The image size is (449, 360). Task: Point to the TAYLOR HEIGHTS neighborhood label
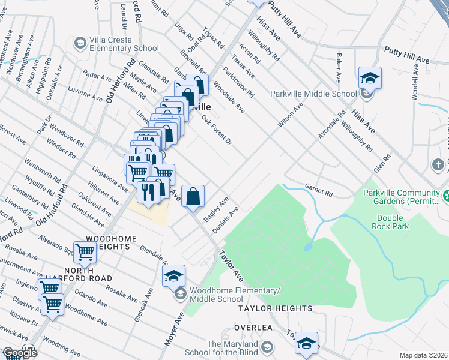(x=275, y=308)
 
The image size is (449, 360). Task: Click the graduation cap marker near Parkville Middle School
(x=370, y=78)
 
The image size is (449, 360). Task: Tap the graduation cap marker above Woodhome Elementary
(x=173, y=276)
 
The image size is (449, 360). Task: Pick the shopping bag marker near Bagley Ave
(x=193, y=196)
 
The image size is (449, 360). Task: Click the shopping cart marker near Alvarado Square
(x=85, y=253)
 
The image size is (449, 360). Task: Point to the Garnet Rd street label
(x=318, y=189)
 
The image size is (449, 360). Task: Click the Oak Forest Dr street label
(x=216, y=130)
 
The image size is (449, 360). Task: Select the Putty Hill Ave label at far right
(x=407, y=55)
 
